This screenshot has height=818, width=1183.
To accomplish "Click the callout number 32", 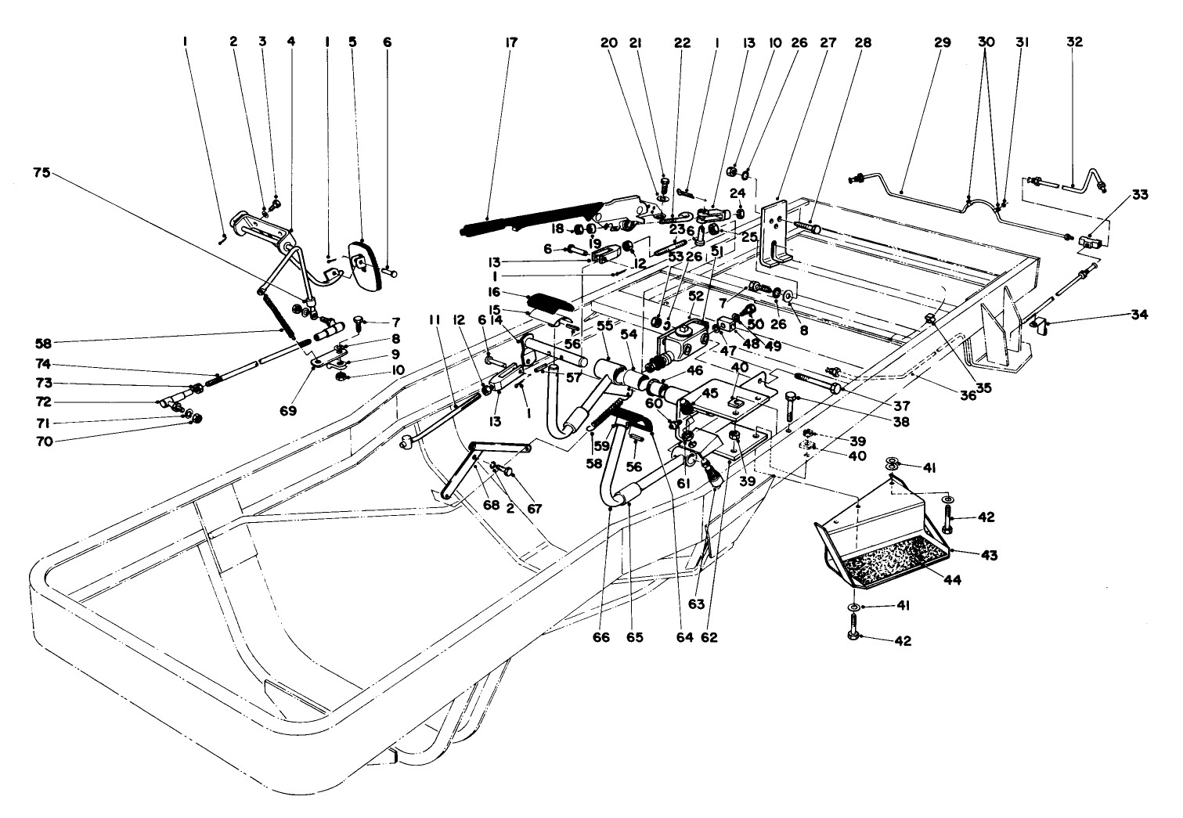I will [1074, 43].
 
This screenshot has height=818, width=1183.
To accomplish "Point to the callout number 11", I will [436, 320].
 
